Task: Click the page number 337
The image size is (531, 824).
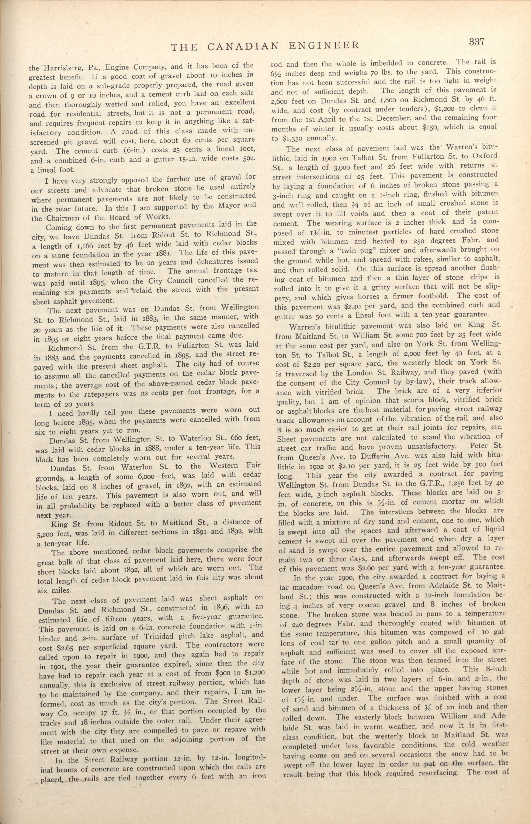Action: [476, 42]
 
